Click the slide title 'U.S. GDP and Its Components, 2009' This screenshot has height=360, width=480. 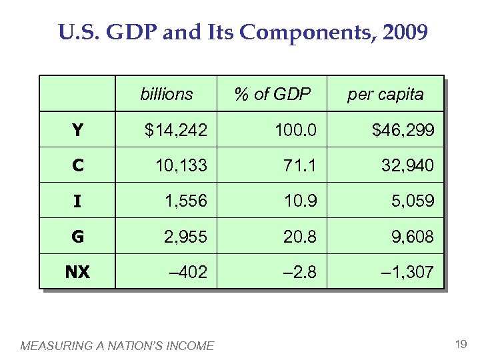[x=243, y=32]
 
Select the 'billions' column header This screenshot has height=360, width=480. [x=167, y=94]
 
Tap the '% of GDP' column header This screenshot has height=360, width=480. [x=273, y=94]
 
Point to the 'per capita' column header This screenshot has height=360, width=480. [x=385, y=94]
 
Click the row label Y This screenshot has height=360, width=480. [x=77, y=130]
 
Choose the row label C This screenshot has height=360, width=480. [x=77, y=165]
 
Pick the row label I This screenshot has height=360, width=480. [x=77, y=201]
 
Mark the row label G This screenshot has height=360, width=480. [x=77, y=236]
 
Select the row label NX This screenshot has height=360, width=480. [x=77, y=271]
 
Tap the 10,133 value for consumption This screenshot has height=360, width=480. [x=181, y=165]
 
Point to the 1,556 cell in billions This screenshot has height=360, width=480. [x=184, y=201]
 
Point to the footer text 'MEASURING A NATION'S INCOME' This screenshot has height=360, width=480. [x=117, y=345]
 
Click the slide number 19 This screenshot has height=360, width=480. [x=460, y=344]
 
